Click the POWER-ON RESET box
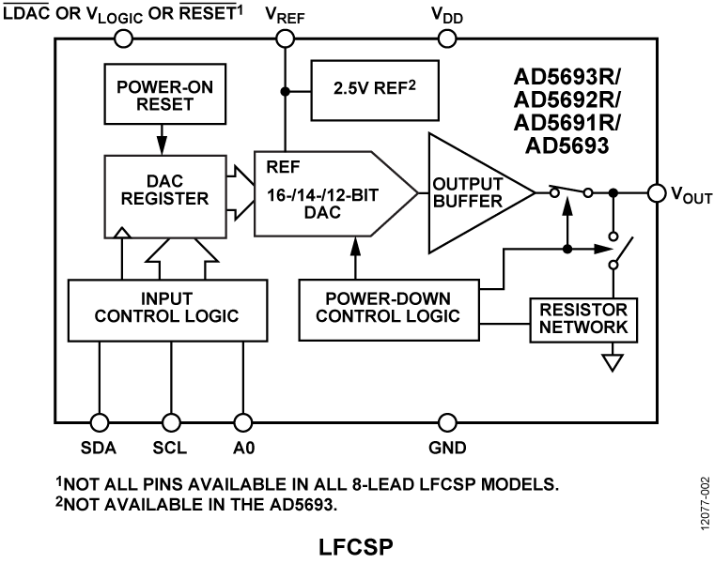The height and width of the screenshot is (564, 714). click(164, 95)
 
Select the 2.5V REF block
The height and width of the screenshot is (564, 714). click(375, 91)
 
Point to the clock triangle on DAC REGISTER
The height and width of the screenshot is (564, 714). click(122, 232)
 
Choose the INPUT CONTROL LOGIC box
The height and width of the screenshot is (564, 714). click(167, 311)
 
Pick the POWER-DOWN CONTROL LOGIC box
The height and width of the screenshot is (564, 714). click(388, 309)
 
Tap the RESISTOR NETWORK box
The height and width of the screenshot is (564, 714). click(583, 319)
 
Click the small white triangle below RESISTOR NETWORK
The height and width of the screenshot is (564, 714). click(613, 362)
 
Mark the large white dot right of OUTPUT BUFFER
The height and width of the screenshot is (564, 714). click(657, 193)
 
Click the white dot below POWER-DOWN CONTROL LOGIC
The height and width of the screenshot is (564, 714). click(447, 422)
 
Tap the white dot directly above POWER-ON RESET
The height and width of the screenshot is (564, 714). click(123, 38)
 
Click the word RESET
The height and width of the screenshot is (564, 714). click(164, 104)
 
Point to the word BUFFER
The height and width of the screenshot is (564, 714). click(468, 201)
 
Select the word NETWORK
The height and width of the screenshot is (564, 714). click(583, 328)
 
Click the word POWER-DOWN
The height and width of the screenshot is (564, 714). click(388, 299)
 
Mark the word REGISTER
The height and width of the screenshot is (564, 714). click(164, 199)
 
